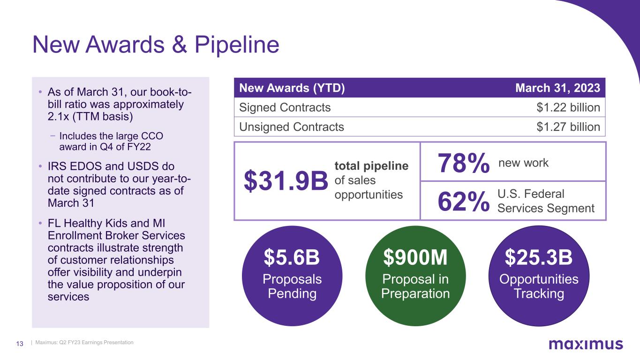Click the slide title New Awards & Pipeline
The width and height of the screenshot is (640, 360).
[x=155, y=45]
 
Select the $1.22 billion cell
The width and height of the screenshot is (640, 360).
[x=568, y=108]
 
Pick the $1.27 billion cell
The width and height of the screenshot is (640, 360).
[x=568, y=127]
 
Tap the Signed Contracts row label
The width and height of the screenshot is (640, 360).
[x=285, y=108]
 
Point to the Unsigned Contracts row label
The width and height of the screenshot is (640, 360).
[x=291, y=127]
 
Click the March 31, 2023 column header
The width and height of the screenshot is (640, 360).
[x=557, y=88]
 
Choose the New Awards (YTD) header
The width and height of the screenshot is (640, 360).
[x=292, y=88]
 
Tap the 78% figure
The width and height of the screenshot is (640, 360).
[x=463, y=164]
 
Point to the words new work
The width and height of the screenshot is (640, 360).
[x=523, y=163]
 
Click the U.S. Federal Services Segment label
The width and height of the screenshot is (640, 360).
[x=546, y=201]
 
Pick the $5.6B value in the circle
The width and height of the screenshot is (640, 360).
[x=292, y=257]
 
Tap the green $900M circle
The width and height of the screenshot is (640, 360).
[x=415, y=276]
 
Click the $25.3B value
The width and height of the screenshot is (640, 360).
[x=539, y=257]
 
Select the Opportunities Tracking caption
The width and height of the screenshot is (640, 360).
[x=539, y=286]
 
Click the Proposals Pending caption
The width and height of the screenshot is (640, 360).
[x=292, y=286]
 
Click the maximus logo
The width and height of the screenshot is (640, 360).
[x=586, y=345]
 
